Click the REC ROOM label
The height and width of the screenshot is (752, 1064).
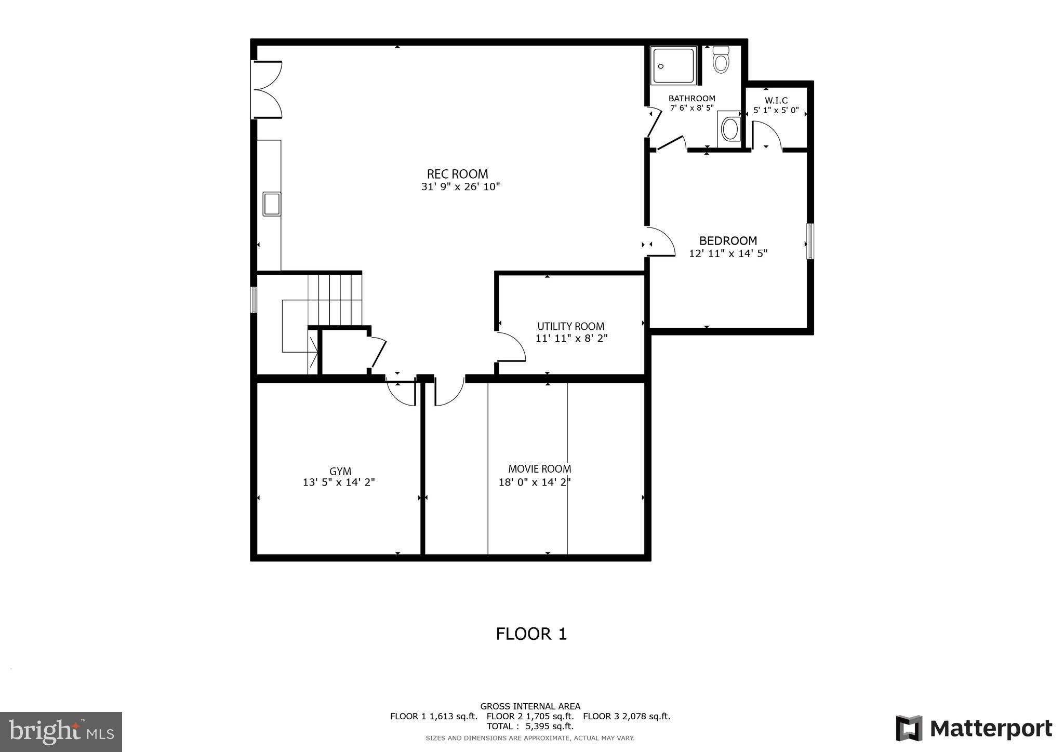(457, 174)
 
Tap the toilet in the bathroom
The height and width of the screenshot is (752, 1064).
(721, 60)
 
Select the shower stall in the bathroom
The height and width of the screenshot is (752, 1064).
(674, 65)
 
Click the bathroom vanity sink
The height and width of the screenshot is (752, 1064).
(730, 129)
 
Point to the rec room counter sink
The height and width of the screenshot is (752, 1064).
(271, 204)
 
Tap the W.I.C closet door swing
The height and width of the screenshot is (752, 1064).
(766, 135)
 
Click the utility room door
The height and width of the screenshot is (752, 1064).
(511, 346)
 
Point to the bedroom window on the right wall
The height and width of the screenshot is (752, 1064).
(809, 241)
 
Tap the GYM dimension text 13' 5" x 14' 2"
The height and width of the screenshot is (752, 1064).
(339, 482)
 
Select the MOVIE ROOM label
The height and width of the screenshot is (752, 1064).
(539, 469)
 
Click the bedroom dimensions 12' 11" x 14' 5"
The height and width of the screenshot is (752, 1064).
(728, 254)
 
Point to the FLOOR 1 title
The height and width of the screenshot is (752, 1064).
(531, 634)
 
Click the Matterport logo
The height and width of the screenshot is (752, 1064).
(974, 729)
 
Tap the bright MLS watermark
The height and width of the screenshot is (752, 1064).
(61, 732)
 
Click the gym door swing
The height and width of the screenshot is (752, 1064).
(401, 394)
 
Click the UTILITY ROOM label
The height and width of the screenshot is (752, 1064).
(570, 326)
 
